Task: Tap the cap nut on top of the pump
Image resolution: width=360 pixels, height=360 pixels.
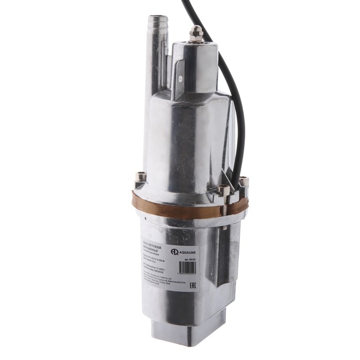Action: pyautogui.click(x=195, y=33)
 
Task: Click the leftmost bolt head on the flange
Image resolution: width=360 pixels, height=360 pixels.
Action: pyautogui.click(x=140, y=178)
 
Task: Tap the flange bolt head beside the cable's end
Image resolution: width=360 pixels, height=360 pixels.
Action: pyautogui.click(x=244, y=181)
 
